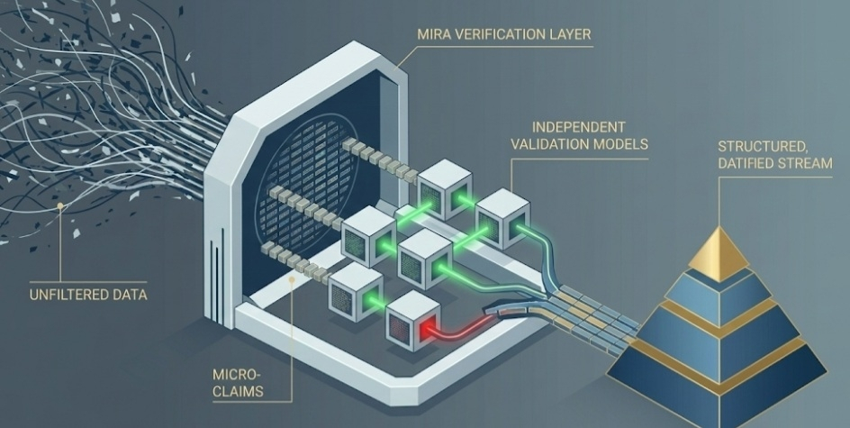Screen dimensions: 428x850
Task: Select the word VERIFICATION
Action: (x=501, y=35)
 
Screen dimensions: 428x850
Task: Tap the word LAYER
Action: (x=570, y=35)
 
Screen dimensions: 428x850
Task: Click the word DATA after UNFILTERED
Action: (x=129, y=294)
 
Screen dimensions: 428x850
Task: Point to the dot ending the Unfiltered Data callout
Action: (x=60, y=206)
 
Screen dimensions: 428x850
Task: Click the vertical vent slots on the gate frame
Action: (x=217, y=271)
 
